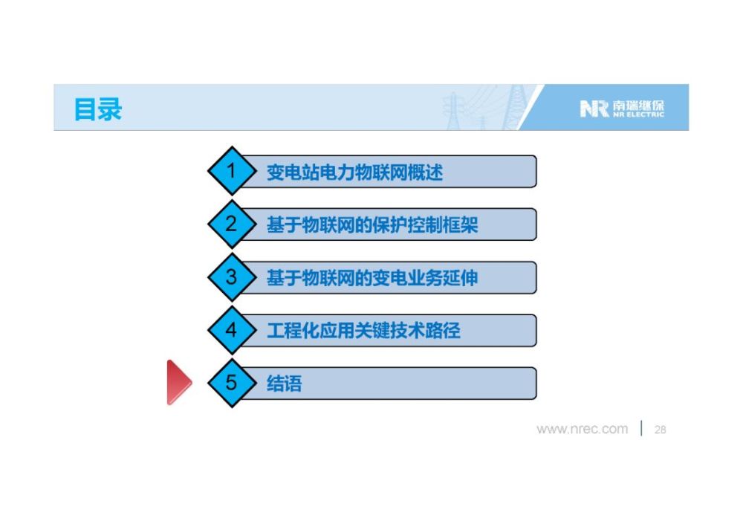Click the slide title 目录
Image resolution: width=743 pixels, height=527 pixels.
click(x=98, y=109)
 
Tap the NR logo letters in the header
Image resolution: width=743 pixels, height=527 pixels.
click(x=594, y=109)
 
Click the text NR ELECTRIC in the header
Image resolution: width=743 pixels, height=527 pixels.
click(x=637, y=114)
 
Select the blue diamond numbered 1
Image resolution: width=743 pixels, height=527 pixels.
click(x=232, y=171)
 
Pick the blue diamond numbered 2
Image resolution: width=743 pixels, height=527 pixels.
click(x=232, y=224)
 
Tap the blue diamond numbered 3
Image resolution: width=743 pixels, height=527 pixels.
click(x=232, y=277)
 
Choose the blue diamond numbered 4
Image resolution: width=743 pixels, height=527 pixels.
click(x=232, y=330)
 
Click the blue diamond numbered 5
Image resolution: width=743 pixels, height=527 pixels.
click(x=232, y=383)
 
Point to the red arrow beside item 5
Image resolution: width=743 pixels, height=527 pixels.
click(x=179, y=383)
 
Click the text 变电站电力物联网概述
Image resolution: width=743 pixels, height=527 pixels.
click(x=355, y=172)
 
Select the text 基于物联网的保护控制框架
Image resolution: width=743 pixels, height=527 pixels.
click(x=372, y=225)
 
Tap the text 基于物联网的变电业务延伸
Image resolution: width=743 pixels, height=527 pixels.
click(x=372, y=278)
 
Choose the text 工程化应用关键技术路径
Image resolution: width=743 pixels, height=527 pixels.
click(x=363, y=331)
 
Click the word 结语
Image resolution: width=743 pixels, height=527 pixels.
click(x=285, y=384)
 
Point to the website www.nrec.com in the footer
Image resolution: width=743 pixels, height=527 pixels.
click(x=582, y=429)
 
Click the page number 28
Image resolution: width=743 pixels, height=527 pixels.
click(x=660, y=430)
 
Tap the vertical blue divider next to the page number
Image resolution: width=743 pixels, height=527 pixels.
click(x=641, y=428)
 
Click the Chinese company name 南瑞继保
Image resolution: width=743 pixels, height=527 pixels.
click(x=637, y=106)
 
